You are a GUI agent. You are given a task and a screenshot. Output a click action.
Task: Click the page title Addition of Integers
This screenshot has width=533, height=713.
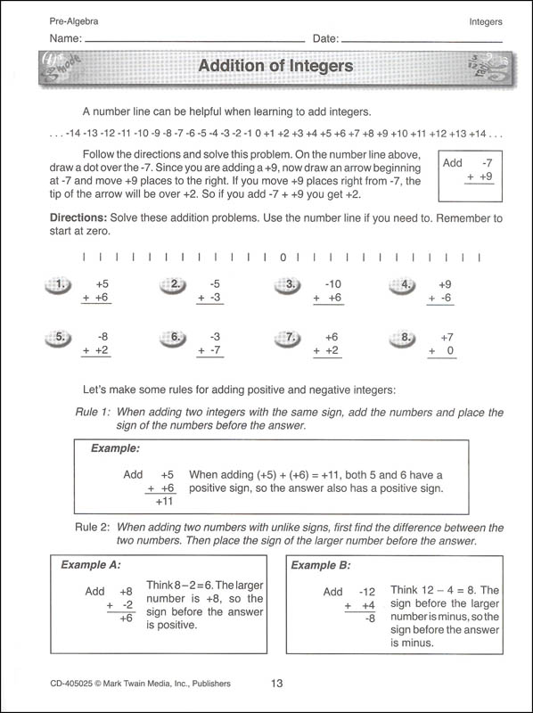pos(275,66)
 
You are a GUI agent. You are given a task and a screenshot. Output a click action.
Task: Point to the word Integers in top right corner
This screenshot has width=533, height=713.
pos(485,20)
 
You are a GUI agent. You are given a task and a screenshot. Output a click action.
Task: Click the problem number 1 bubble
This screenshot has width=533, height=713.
pos(59,285)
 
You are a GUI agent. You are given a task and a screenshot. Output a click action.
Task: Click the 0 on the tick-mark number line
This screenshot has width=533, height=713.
pos(283,258)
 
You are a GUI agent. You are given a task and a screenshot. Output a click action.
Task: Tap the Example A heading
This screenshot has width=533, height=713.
pos(90,564)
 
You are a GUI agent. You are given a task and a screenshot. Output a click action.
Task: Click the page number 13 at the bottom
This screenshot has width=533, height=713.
pos(276,684)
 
